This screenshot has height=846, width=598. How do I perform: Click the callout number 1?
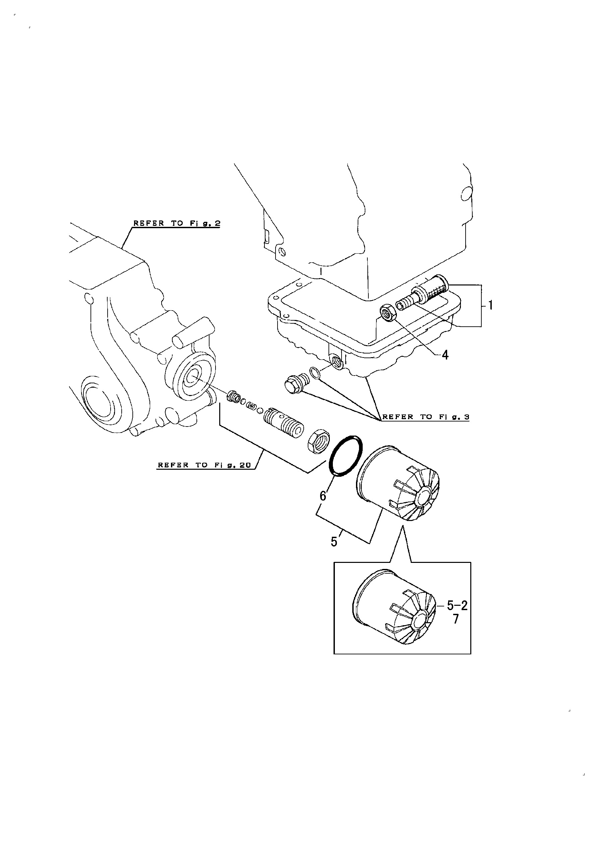[x=491, y=305]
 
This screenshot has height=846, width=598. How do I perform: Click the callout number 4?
[x=445, y=355]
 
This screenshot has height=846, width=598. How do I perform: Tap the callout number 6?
[x=323, y=496]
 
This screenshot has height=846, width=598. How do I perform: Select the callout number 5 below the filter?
[x=334, y=542]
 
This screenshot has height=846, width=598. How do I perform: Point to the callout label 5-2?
[x=457, y=605]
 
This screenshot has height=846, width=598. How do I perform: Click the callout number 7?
[x=456, y=619]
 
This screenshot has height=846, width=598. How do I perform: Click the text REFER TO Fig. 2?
[x=177, y=223]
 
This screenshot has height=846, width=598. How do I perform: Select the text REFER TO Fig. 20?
[x=204, y=465]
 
